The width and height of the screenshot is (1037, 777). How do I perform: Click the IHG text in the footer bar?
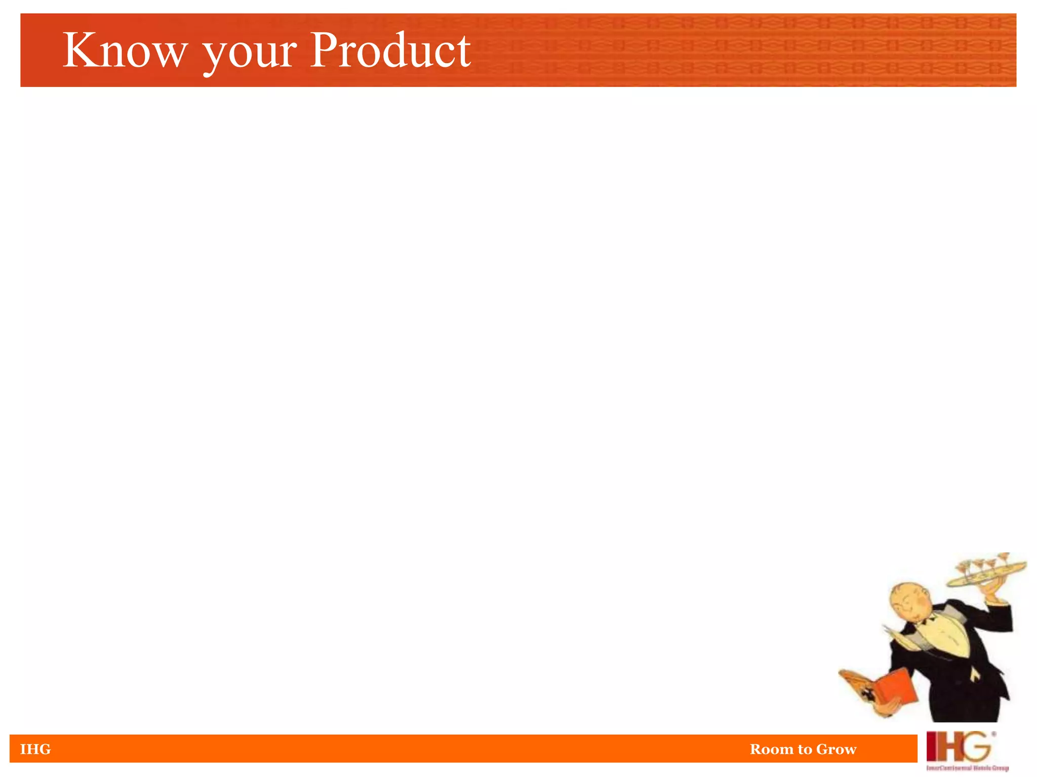coord(35,749)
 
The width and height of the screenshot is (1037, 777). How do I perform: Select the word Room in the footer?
coord(771,749)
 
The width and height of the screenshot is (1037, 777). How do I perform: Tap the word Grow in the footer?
coord(836,749)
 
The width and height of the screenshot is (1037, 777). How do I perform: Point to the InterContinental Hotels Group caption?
coord(967,768)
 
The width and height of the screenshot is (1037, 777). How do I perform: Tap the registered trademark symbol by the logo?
coord(993,734)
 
